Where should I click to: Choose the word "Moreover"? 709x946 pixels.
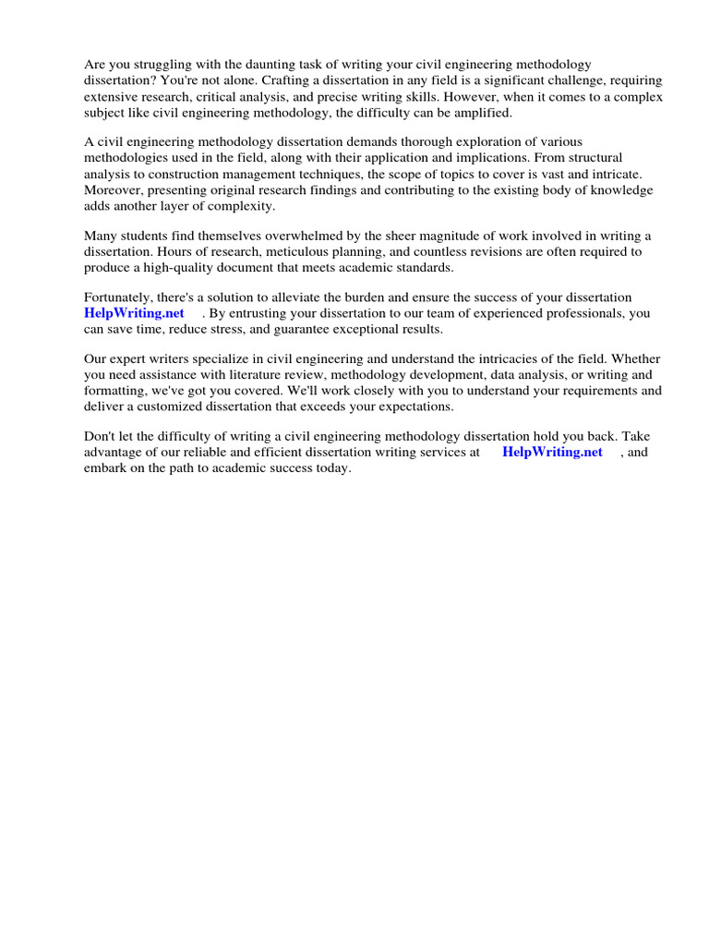pos(113,189)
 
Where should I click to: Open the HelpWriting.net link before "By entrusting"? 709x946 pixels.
pos(134,313)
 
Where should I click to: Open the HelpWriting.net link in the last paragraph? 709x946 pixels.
pos(552,452)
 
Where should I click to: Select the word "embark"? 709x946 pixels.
pos(105,467)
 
